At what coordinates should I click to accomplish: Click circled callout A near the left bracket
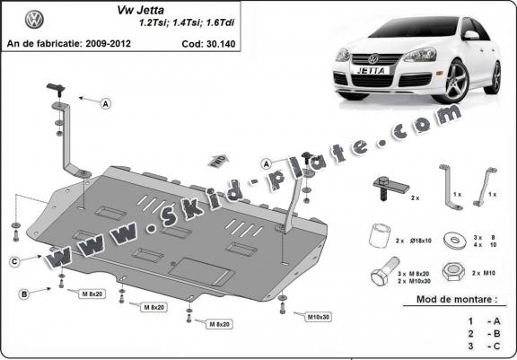105,105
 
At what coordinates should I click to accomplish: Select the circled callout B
24,293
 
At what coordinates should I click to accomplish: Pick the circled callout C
15,261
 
